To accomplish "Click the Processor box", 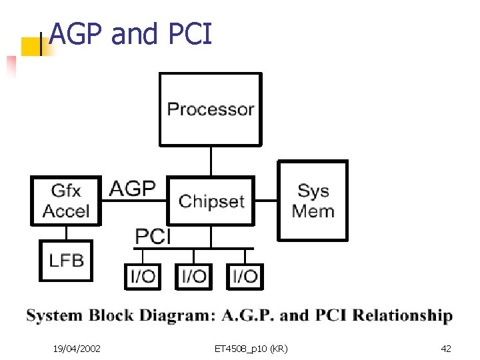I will coord(210,109).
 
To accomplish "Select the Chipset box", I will coord(211,201).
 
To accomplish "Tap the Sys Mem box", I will coord(313,200).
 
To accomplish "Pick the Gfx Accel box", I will coord(66,201).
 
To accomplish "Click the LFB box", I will coord(66,259).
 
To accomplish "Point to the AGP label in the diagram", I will coord(132,189).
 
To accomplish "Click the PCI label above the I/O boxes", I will coord(153,236).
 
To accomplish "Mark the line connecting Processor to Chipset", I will coord(211,161).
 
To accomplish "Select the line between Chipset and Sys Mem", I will coord(267,201).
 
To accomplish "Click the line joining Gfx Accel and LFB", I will coord(66,233).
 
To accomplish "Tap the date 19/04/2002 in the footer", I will coord(77,348).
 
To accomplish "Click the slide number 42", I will coord(446,348).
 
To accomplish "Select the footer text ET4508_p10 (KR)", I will coord(251,348).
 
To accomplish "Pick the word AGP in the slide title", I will coord(77,33).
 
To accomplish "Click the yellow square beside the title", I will coord(30,46).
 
